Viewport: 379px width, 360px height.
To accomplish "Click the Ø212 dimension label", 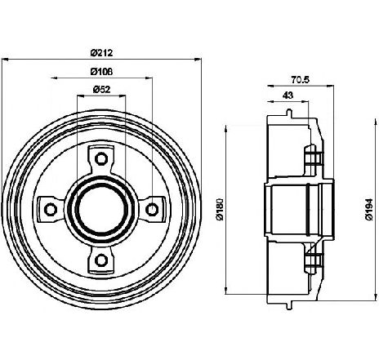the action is pos(101,52).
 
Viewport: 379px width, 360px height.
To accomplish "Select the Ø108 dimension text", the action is pos(101,72).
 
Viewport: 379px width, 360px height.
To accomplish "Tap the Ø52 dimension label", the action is pos(101,89).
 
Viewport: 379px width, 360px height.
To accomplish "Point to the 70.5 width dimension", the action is pos(301,80).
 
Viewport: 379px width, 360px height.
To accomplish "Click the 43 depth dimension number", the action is pos(288,96).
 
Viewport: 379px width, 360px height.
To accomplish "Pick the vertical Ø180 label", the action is pos(220,209).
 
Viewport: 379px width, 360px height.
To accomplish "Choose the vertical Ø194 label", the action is pos(369,209).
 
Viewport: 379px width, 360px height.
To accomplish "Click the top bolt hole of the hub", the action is pos(101,158).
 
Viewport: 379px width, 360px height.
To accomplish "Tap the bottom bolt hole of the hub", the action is pos(101,260).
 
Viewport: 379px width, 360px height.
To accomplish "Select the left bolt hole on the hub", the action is pos(51,210).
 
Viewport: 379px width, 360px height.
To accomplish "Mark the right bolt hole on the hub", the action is pos(152,210).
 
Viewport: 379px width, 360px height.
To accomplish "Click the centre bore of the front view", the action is pos(101,210).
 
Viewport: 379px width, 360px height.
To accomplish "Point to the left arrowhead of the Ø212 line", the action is pos(5,59).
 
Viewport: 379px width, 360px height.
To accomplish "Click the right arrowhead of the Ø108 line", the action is pos(149,78).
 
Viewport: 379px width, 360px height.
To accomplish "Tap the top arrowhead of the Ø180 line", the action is pos(225,128).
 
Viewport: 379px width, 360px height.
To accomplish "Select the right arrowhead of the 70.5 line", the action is pos(331,86).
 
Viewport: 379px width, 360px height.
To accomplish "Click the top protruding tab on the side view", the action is pos(289,113).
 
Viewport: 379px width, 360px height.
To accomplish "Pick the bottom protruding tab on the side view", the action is pos(289,306).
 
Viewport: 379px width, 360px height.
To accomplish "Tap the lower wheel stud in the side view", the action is pos(313,260).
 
